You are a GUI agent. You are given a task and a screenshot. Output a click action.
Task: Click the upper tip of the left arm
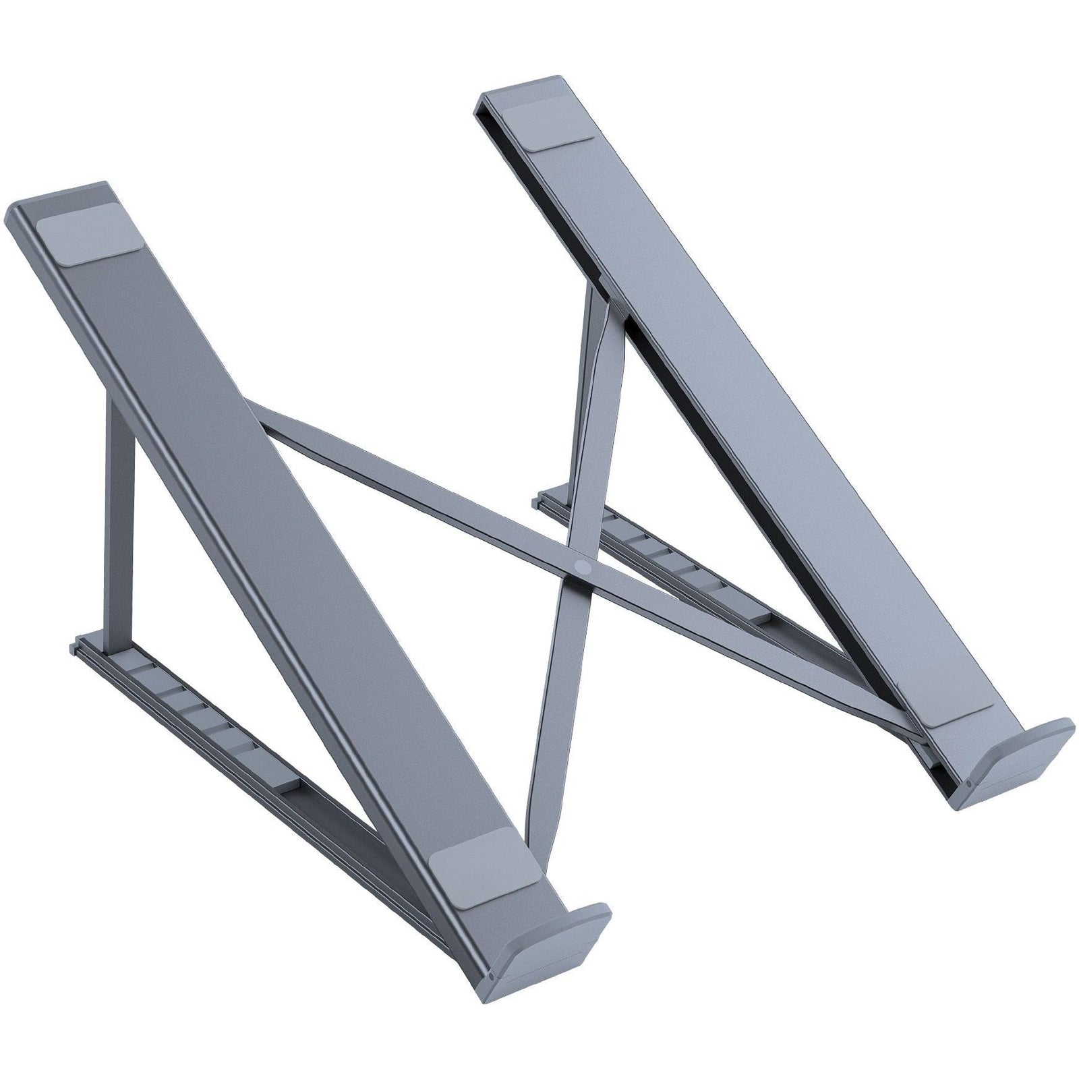pyautogui.click(x=61, y=196)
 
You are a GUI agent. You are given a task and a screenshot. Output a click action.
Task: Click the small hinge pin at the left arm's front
pyautogui.click(x=490, y=975)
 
